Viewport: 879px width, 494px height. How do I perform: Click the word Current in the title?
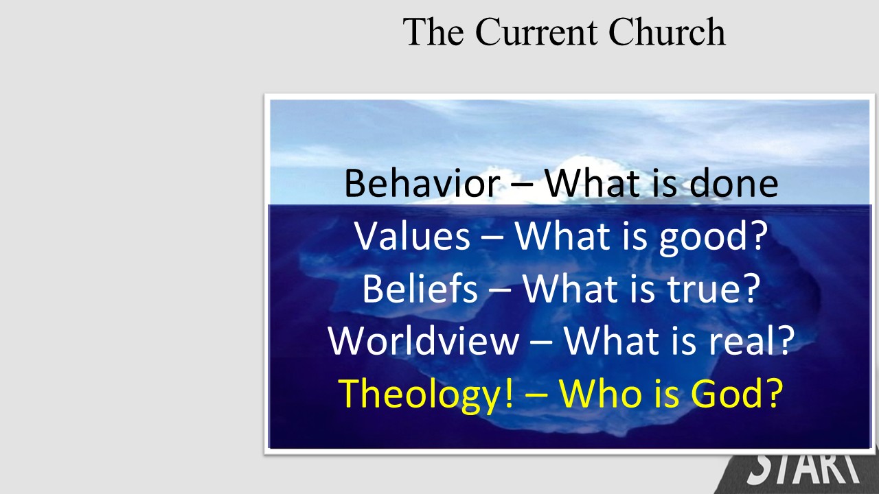click(536, 32)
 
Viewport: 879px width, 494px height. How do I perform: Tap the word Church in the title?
click(667, 32)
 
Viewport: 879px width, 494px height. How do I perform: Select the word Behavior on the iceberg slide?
click(422, 183)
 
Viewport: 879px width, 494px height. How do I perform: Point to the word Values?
click(412, 235)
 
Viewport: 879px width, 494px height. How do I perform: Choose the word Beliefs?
click(420, 288)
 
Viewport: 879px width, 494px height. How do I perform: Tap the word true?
click(714, 289)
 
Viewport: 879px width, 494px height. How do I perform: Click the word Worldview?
click(424, 340)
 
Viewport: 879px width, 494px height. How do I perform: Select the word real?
click(751, 340)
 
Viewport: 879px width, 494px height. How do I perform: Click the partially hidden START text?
click(804, 469)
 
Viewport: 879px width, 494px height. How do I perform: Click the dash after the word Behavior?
click(522, 185)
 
